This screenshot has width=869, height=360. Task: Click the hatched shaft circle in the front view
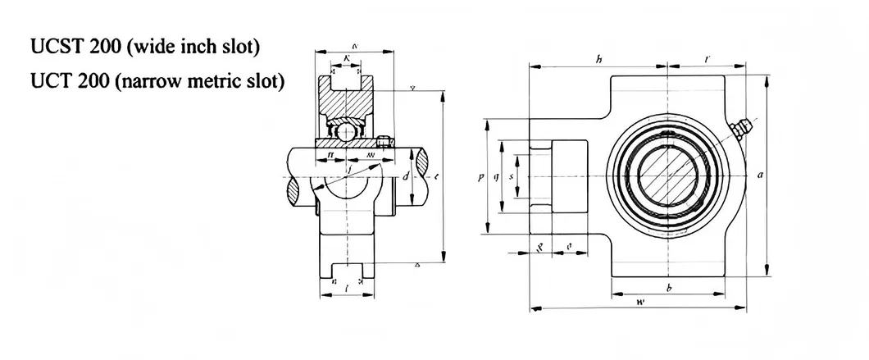(x=669, y=175)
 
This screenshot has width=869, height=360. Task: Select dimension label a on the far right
(x=762, y=175)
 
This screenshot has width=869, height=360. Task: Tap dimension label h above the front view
(x=598, y=59)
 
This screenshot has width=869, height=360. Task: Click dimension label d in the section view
(x=407, y=176)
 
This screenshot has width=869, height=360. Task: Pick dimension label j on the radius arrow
(x=350, y=170)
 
